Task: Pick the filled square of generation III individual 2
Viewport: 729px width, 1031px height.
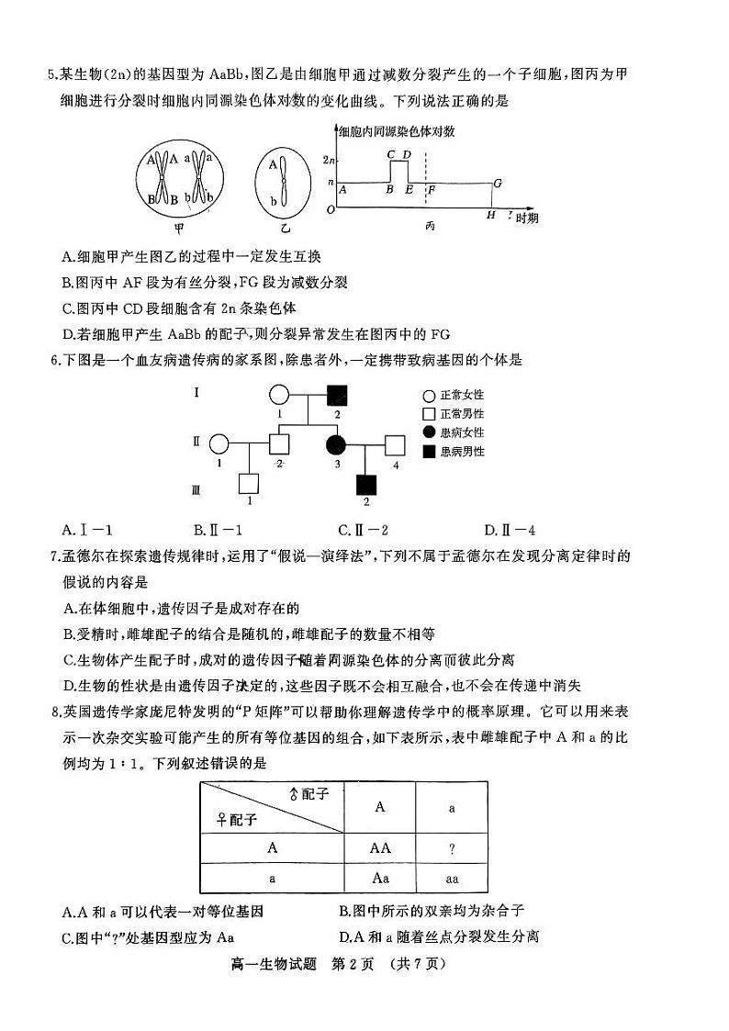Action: (366, 483)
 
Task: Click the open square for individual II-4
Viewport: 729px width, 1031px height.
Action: (395, 444)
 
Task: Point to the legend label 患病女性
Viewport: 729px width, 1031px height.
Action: (462, 431)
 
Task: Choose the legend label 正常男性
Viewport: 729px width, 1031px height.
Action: (462, 412)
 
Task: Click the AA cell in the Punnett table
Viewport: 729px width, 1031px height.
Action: (380, 848)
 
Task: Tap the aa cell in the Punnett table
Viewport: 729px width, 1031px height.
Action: (452, 879)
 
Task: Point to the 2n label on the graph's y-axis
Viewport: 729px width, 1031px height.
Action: (330, 161)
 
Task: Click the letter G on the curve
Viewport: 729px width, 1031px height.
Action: (497, 183)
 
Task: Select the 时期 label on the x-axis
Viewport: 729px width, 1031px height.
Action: (526, 218)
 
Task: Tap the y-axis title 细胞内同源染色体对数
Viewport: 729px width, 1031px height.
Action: (397, 131)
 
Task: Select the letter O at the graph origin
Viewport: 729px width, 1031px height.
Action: (330, 210)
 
